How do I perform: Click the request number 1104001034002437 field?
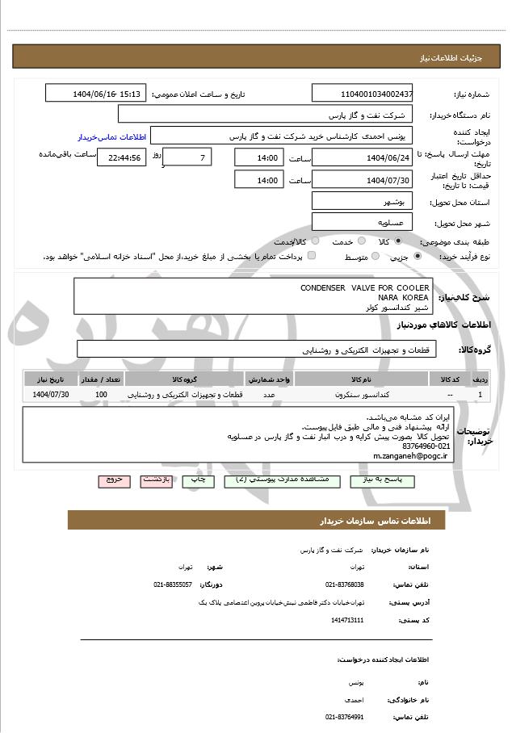tap(362, 94)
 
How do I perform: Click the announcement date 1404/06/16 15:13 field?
tap(96, 94)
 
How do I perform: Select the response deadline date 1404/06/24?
tap(362, 157)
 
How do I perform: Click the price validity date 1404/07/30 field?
tap(362, 180)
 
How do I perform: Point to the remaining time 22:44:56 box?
tap(121, 157)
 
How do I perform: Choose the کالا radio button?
tap(397, 241)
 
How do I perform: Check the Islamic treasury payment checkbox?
tap(312, 257)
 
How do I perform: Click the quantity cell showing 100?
tap(101, 394)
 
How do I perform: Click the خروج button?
tap(114, 480)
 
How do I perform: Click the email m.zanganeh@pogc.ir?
tap(410, 455)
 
